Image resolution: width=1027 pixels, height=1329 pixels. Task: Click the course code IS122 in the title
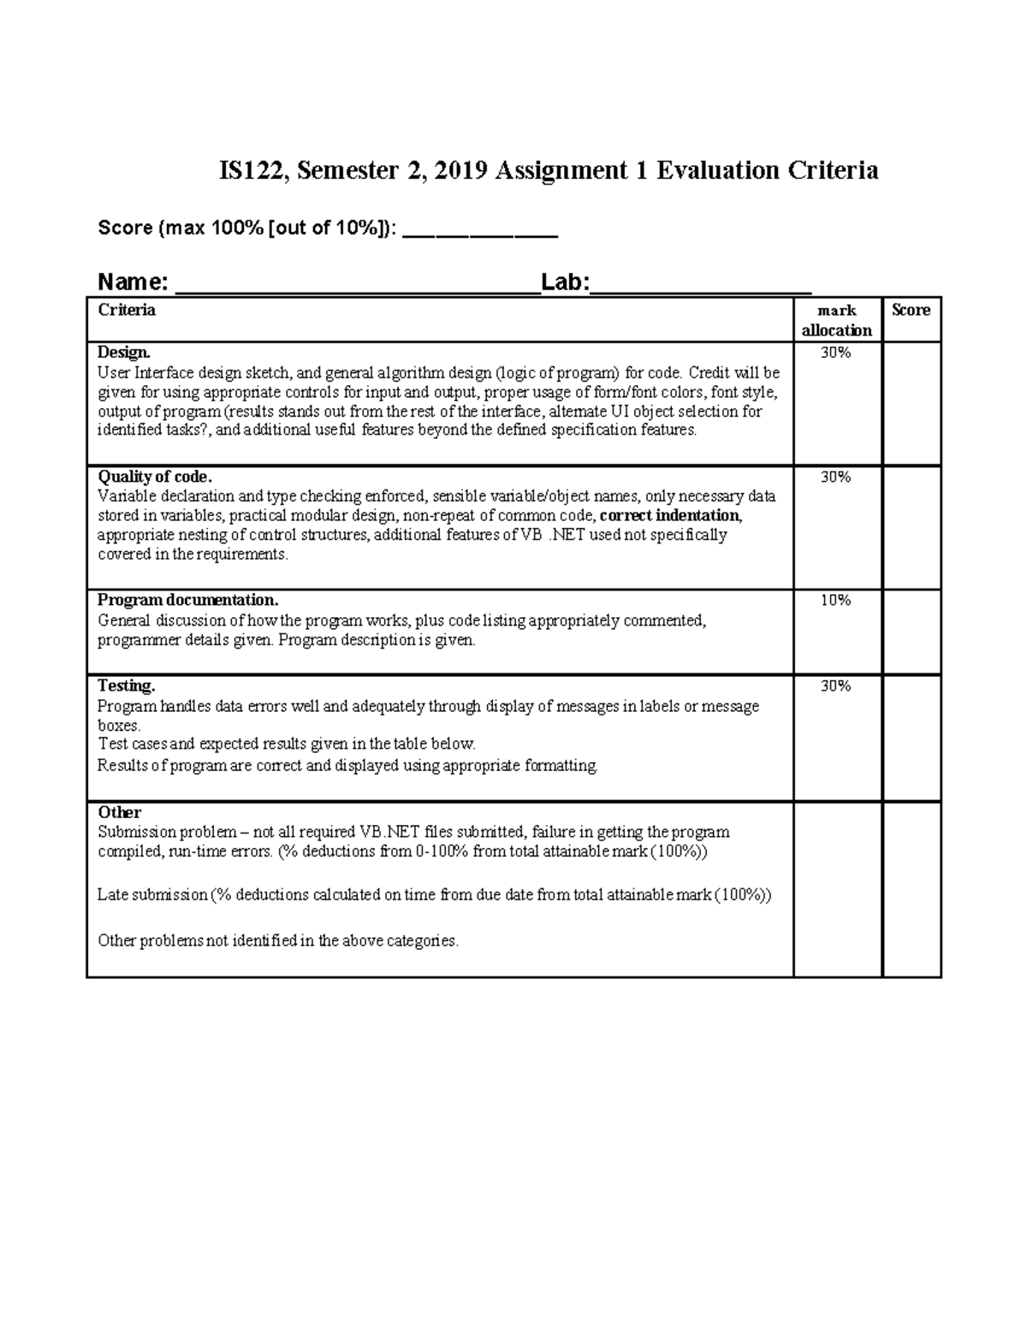pos(251,171)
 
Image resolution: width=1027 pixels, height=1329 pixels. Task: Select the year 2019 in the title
pos(460,171)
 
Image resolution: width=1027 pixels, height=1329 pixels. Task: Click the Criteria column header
pos(127,310)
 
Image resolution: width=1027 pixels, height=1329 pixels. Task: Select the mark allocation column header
pos(836,320)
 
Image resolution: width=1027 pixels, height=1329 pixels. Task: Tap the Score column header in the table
pos(911,310)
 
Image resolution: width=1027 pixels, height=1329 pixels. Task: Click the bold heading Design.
pos(124,352)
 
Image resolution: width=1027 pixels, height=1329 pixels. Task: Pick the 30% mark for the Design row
pos(835,353)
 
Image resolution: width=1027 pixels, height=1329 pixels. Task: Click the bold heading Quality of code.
pos(154,477)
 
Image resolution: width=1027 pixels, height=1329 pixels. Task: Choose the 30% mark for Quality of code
pos(835,478)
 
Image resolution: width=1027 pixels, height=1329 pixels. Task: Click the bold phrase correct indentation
pos(671,515)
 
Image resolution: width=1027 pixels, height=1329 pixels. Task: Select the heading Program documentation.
pos(187,599)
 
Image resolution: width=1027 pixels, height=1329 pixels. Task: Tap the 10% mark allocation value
pos(835,601)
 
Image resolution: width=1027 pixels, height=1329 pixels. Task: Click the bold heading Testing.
pos(127,685)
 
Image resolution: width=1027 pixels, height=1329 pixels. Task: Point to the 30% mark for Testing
pos(835,686)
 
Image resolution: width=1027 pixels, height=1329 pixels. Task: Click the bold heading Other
pos(119,812)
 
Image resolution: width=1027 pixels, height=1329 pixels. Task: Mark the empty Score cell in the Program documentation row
pos(911,632)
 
